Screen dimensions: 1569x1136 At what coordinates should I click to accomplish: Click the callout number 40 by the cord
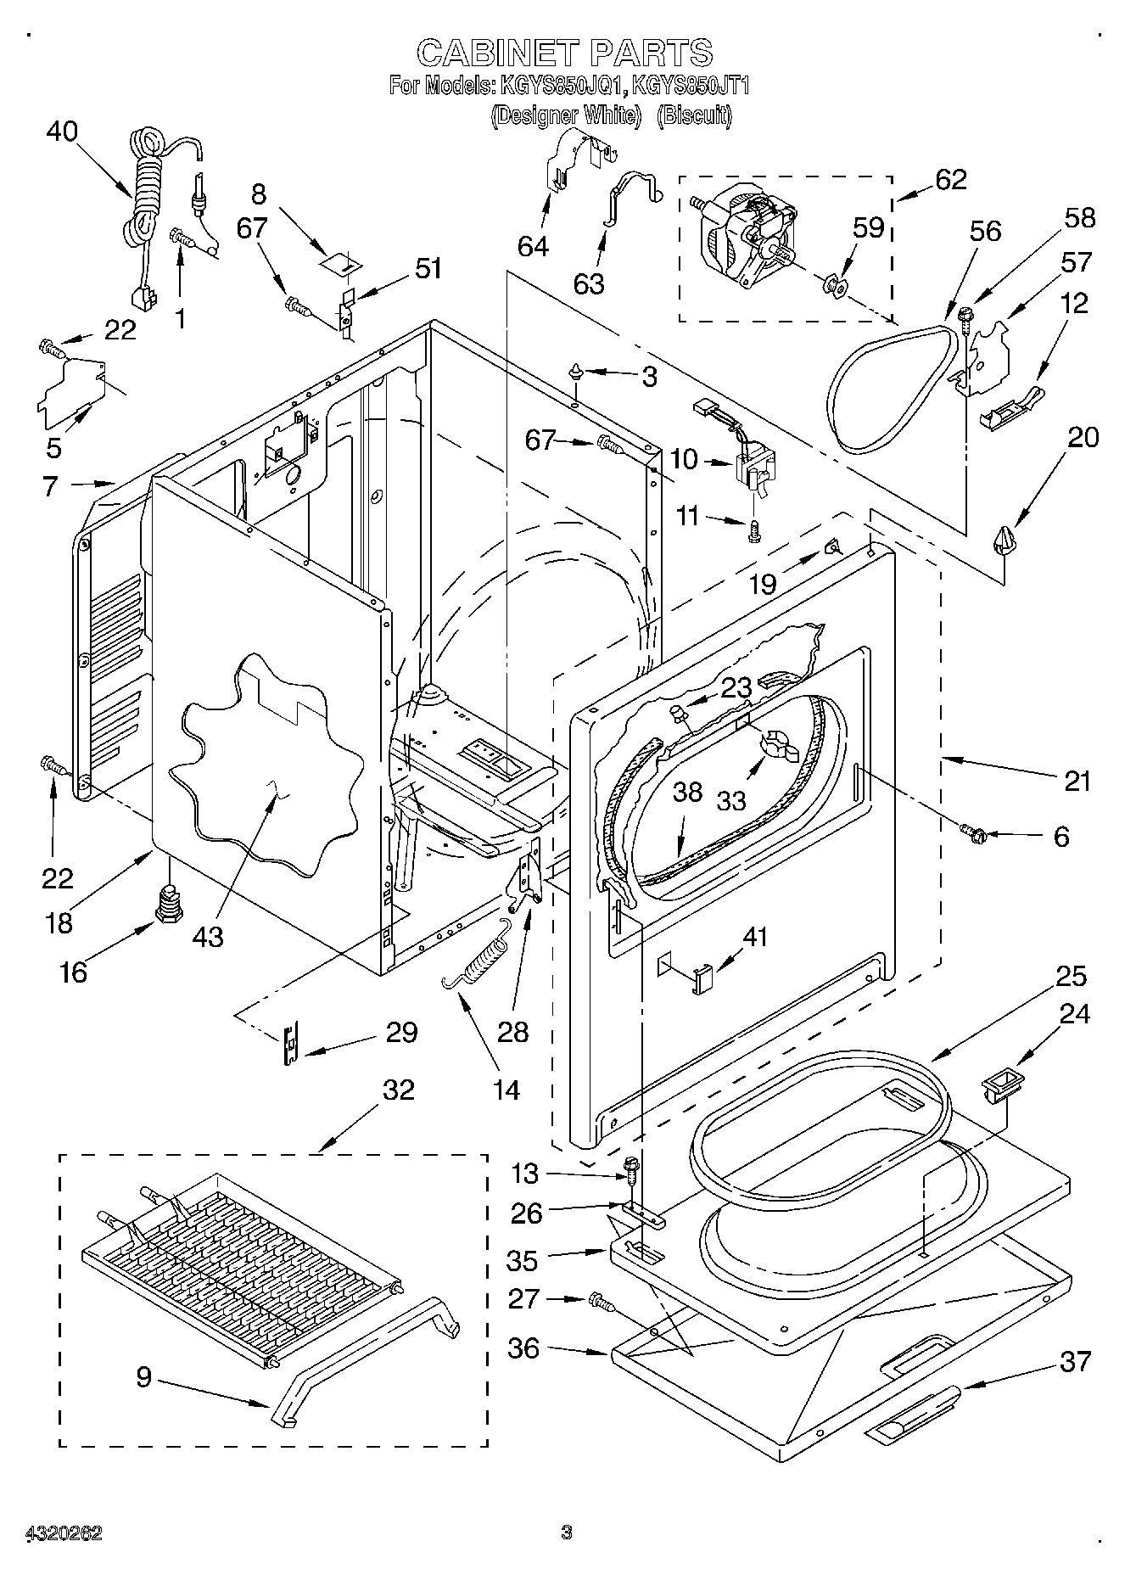tap(62, 132)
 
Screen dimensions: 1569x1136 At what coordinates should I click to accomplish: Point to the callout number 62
tap(950, 180)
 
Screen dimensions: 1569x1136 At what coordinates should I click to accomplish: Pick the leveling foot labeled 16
tap(167, 901)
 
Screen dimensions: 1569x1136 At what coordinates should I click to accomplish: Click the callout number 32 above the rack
tap(398, 1090)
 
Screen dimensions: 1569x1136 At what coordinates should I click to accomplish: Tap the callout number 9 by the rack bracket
tap(143, 1376)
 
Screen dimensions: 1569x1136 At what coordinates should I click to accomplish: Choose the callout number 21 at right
tap(1077, 781)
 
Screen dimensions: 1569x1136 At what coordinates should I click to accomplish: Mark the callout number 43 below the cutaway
tap(208, 936)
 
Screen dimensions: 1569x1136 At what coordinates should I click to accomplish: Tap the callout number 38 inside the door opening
tap(687, 792)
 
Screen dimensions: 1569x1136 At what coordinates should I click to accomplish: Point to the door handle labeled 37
tap(914, 1406)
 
